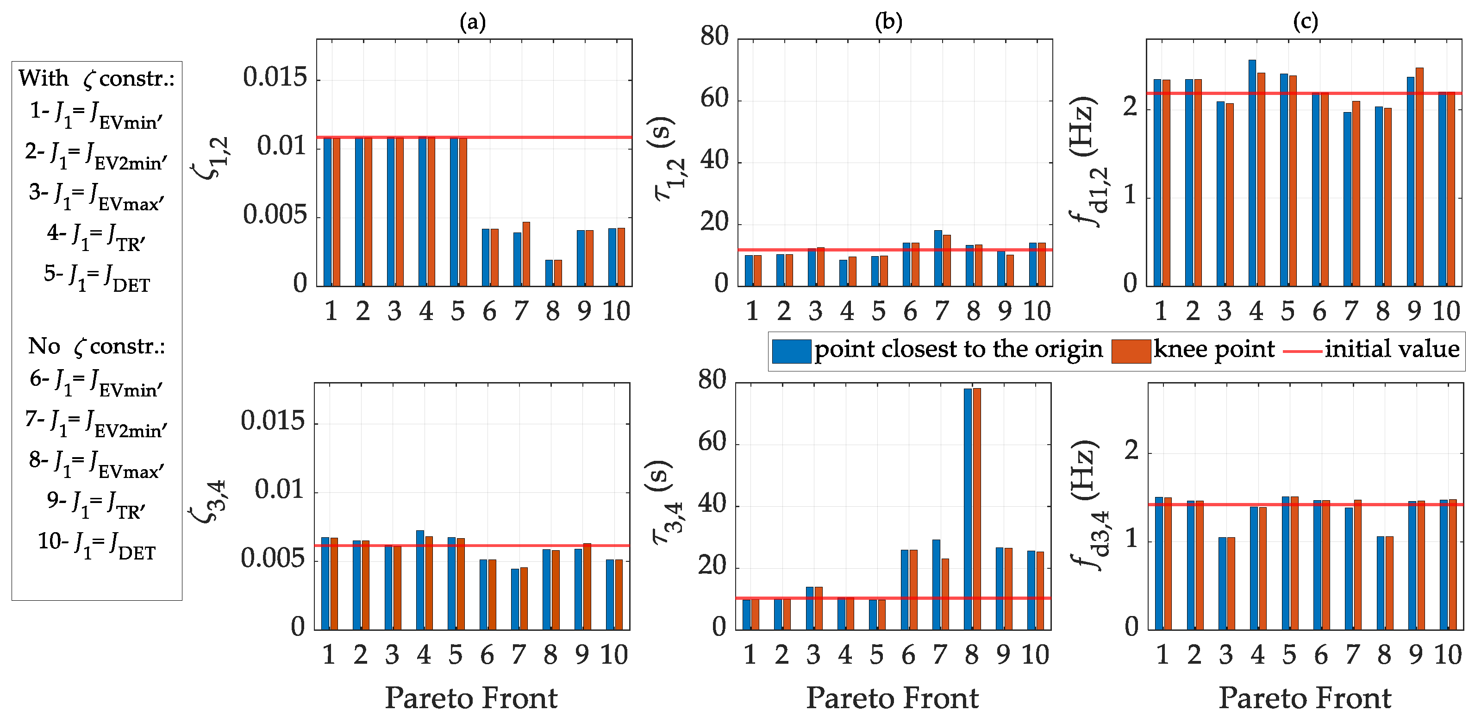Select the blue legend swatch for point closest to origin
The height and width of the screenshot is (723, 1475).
pyautogui.click(x=791, y=351)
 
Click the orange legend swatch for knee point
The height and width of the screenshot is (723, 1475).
pyautogui.click(x=1131, y=351)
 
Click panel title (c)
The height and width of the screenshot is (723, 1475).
pyautogui.click(x=1306, y=22)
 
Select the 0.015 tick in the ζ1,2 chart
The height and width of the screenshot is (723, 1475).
pyautogui.click(x=275, y=77)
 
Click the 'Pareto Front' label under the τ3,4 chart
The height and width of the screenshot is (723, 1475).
pyautogui.click(x=892, y=698)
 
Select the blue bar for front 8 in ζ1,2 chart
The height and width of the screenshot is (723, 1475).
pyautogui.click(x=549, y=273)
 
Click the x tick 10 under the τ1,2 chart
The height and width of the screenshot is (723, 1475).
pyautogui.click(x=1037, y=312)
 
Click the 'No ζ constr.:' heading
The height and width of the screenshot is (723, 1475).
pyautogui.click(x=96, y=346)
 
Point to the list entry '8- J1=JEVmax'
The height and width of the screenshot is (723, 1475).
pyautogui.click(x=96, y=464)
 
